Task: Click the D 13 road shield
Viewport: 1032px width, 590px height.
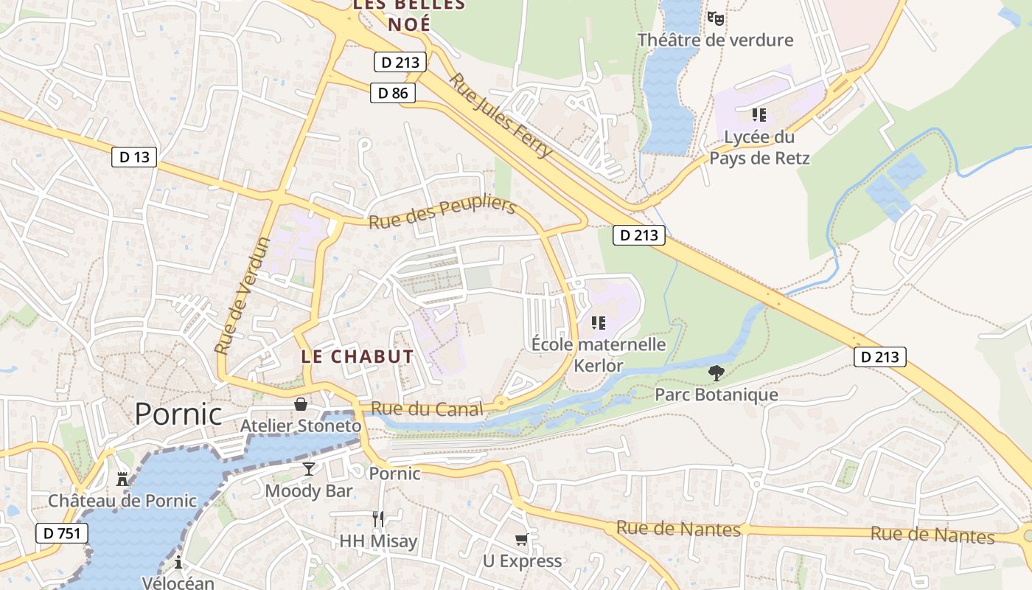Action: (x=134, y=156)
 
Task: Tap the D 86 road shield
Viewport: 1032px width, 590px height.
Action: (x=393, y=93)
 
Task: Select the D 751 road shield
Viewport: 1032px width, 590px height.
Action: (x=62, y=533)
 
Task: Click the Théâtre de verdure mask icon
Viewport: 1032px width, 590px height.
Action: (x=715, y=18)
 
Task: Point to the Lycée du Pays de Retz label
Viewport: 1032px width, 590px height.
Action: (x=759, y=147)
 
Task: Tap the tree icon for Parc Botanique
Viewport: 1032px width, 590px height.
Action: (x=715, y=373)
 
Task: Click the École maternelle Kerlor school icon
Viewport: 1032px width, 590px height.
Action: (x=599, y=323)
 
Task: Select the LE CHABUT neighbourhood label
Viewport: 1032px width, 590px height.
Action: (x=358, y=356)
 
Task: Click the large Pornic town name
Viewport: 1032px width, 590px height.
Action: (x=178, y=414)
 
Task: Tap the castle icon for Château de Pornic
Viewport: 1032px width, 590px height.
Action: (x=122, y=479)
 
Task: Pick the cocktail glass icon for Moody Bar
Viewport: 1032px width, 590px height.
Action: (x=309, y=469)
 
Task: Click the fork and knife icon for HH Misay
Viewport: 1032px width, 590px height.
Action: (x=378, y=518)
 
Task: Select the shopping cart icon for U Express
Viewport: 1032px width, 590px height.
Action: (x=522, y=540)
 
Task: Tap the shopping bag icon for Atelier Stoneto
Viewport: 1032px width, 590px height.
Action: (x=301, y=404)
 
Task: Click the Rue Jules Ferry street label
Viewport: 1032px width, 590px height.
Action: (x=501, y=115)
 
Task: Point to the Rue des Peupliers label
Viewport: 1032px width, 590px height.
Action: (x=442, y=212)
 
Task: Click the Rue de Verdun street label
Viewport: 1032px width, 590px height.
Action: (x=243, y=295)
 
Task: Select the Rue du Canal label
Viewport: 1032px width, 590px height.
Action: (x=427, y=409)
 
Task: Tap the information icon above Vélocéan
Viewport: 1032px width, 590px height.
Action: (x=178, y=563)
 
